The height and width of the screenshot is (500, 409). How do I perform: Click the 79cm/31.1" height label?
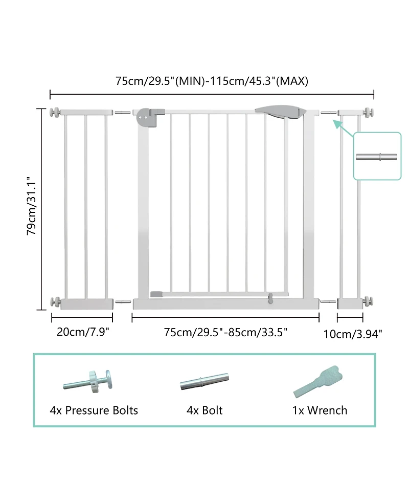point(32,210)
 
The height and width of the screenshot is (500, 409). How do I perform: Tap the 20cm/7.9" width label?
point(83,332)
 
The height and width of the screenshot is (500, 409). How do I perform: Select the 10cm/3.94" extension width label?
point(353,334)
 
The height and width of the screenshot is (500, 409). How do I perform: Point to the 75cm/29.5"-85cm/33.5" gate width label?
point(225,332)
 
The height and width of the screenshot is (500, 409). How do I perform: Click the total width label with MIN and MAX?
point(211,81)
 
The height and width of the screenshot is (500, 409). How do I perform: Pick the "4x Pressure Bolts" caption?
point(94,410)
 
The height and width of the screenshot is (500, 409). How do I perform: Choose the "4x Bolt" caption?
point(204,410)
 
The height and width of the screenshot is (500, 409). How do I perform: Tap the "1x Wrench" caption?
point(320,410)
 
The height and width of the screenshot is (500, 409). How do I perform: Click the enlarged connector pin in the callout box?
point(377,156)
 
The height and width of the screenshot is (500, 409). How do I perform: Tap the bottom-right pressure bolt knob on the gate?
point(368,301)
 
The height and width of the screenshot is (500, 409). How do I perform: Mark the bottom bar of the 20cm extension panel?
point(86,304)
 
